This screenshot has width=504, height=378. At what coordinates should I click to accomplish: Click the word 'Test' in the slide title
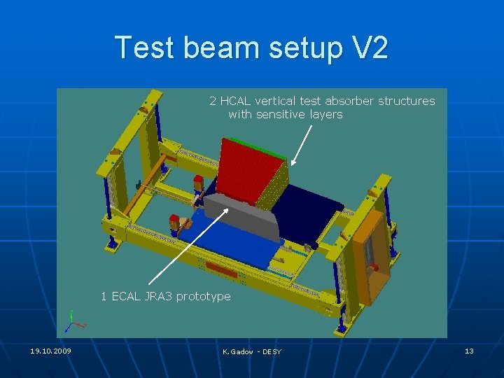(146, 48)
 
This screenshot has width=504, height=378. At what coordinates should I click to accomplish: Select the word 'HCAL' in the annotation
(235, 101)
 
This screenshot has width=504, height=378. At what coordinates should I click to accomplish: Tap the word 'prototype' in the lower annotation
(203, 297)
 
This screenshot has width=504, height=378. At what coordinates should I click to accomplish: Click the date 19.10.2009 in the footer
(50, 351)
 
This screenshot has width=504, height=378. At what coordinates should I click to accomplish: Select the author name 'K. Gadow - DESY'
(251, 351)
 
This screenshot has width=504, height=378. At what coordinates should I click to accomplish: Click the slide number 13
(469, 351)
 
